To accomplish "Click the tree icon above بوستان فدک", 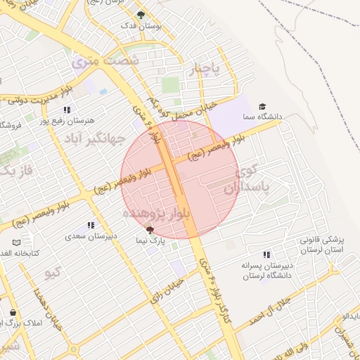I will (x=141, y=15).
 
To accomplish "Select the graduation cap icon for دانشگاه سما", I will (x=262, y=105).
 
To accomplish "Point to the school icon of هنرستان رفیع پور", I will (x=67, y=110).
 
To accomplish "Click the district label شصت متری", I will (x=105, y=62).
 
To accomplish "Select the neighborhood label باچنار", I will (x=205, y=70).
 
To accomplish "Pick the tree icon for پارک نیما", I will (x=149, y=230).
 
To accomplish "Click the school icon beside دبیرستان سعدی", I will (x=90, y=226).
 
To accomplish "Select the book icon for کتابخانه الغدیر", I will (x=17, y=243).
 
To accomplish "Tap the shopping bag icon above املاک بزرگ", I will (x=13, y=312).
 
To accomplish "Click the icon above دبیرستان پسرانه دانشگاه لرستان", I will (x=266, y=255).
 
